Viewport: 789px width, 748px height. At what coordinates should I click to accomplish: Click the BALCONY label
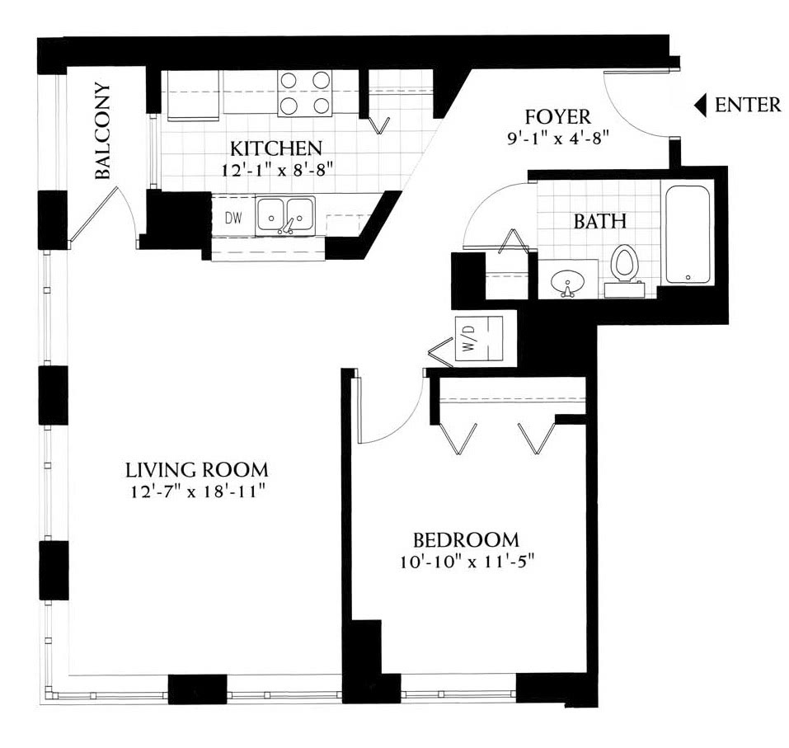pyautogui.click(x=103, y=131)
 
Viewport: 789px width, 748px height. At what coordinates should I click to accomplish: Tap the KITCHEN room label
pyautogui.click(x=276, y=148)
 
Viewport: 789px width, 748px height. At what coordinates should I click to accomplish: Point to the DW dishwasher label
pyautogui.click(x=233, y=218)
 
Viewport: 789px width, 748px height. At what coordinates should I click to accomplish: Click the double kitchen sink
pyautogui.click(x=285, y=216)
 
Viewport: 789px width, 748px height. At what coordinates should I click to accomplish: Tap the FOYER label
pyautogui.click(x=557, y=117)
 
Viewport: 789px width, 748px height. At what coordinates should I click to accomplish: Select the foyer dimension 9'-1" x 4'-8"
pyautogui.click(x=558, y=138)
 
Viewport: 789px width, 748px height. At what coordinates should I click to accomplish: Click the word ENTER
pyautogui.click(x=748, y=105)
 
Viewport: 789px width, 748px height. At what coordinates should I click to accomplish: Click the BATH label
pyautogui.click(x=600, y=221)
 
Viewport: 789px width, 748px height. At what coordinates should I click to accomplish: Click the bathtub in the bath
pyautogui.click(x=688, y=234)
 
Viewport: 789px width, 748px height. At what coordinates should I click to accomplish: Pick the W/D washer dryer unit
pyautogui.click(x=478, y=339)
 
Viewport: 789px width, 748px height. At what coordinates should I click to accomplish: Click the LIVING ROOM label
pyautogui.click(x=197, y=470)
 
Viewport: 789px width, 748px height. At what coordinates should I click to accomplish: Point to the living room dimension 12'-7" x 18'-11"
pyautogui.click(x=198, y=492)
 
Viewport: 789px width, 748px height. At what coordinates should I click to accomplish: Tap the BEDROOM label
pyautogui.click(x=466, y=540)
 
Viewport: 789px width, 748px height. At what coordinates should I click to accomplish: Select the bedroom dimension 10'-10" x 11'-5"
pyautogui.click(x=467, y=562)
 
